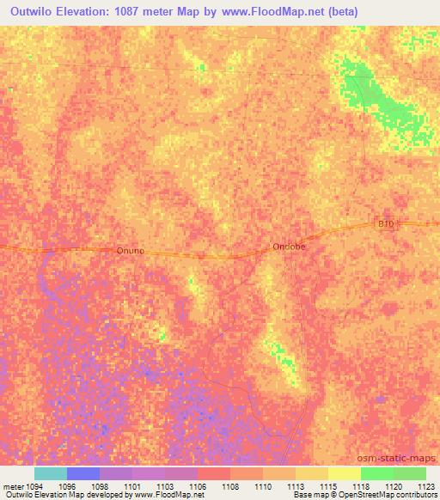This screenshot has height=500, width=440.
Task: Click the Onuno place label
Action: [x=130, y=251]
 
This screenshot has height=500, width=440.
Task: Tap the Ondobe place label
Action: [x=289, y=246]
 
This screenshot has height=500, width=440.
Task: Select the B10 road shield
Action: [x=386, y=223]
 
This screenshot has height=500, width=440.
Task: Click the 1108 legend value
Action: [x=230, y=485]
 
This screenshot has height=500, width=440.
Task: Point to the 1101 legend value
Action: [x=132, y=485]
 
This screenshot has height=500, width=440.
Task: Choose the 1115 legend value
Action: [x=328, y=485]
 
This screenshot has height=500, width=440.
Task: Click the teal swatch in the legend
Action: [x=51, y=473]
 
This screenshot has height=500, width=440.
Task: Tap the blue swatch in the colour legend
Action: [x=83, y=473]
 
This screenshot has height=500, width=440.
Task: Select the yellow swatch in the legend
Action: [x=345, y=473]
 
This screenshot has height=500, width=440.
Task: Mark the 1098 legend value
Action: [x=100, y=485]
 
